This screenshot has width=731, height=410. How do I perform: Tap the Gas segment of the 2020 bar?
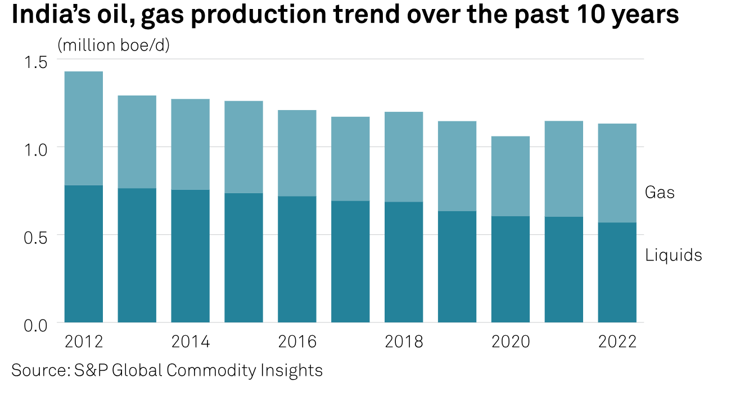[x=511, y=176]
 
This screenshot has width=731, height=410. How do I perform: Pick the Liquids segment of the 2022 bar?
[x=617, y=272]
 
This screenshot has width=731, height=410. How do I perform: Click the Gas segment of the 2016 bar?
[x=297, y=153]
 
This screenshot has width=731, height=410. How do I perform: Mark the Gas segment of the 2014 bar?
[x=191, y=144]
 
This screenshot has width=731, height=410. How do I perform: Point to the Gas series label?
[x=660, y=193]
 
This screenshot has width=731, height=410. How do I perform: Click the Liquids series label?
[x=674, y=256]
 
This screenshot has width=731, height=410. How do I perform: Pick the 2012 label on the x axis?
[x=84, y=341]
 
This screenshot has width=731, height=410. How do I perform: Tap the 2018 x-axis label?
[x=404, y=341]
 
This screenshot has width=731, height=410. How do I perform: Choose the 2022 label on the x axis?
[x=617, y=341]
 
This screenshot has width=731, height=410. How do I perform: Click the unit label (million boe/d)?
[x=114, y=45]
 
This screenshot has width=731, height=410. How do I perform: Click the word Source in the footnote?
[x=39, y=371]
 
